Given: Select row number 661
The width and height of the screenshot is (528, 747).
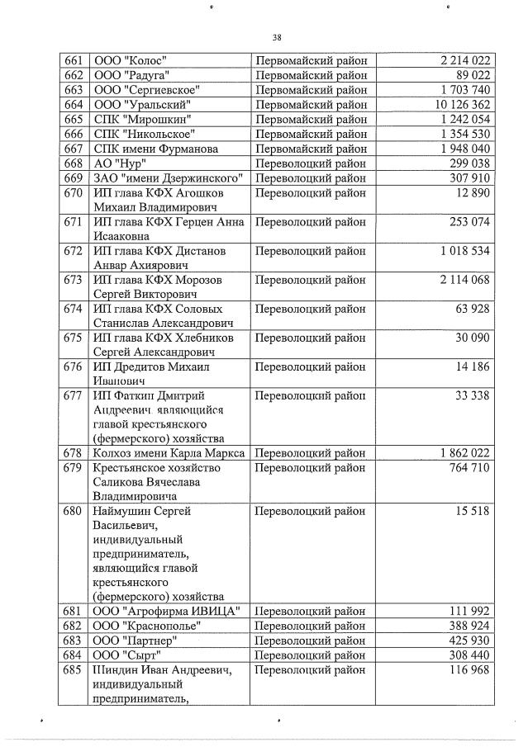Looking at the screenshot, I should coord(73,60).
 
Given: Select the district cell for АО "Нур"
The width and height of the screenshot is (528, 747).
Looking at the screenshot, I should coord(311,163).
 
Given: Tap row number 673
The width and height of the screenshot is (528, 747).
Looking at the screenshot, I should coord(73,280).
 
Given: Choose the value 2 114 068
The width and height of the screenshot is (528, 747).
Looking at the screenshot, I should coord(465,280).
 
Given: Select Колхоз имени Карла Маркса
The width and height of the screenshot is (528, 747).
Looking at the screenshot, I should coord(168,453).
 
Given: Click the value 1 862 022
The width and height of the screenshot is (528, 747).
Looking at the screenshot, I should coord(465,453).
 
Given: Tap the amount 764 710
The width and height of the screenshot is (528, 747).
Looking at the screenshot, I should coord(469,468).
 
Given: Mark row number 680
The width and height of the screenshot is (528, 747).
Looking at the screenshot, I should coord(73,511).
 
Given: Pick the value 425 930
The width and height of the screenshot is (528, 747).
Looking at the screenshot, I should coord(469,640).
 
